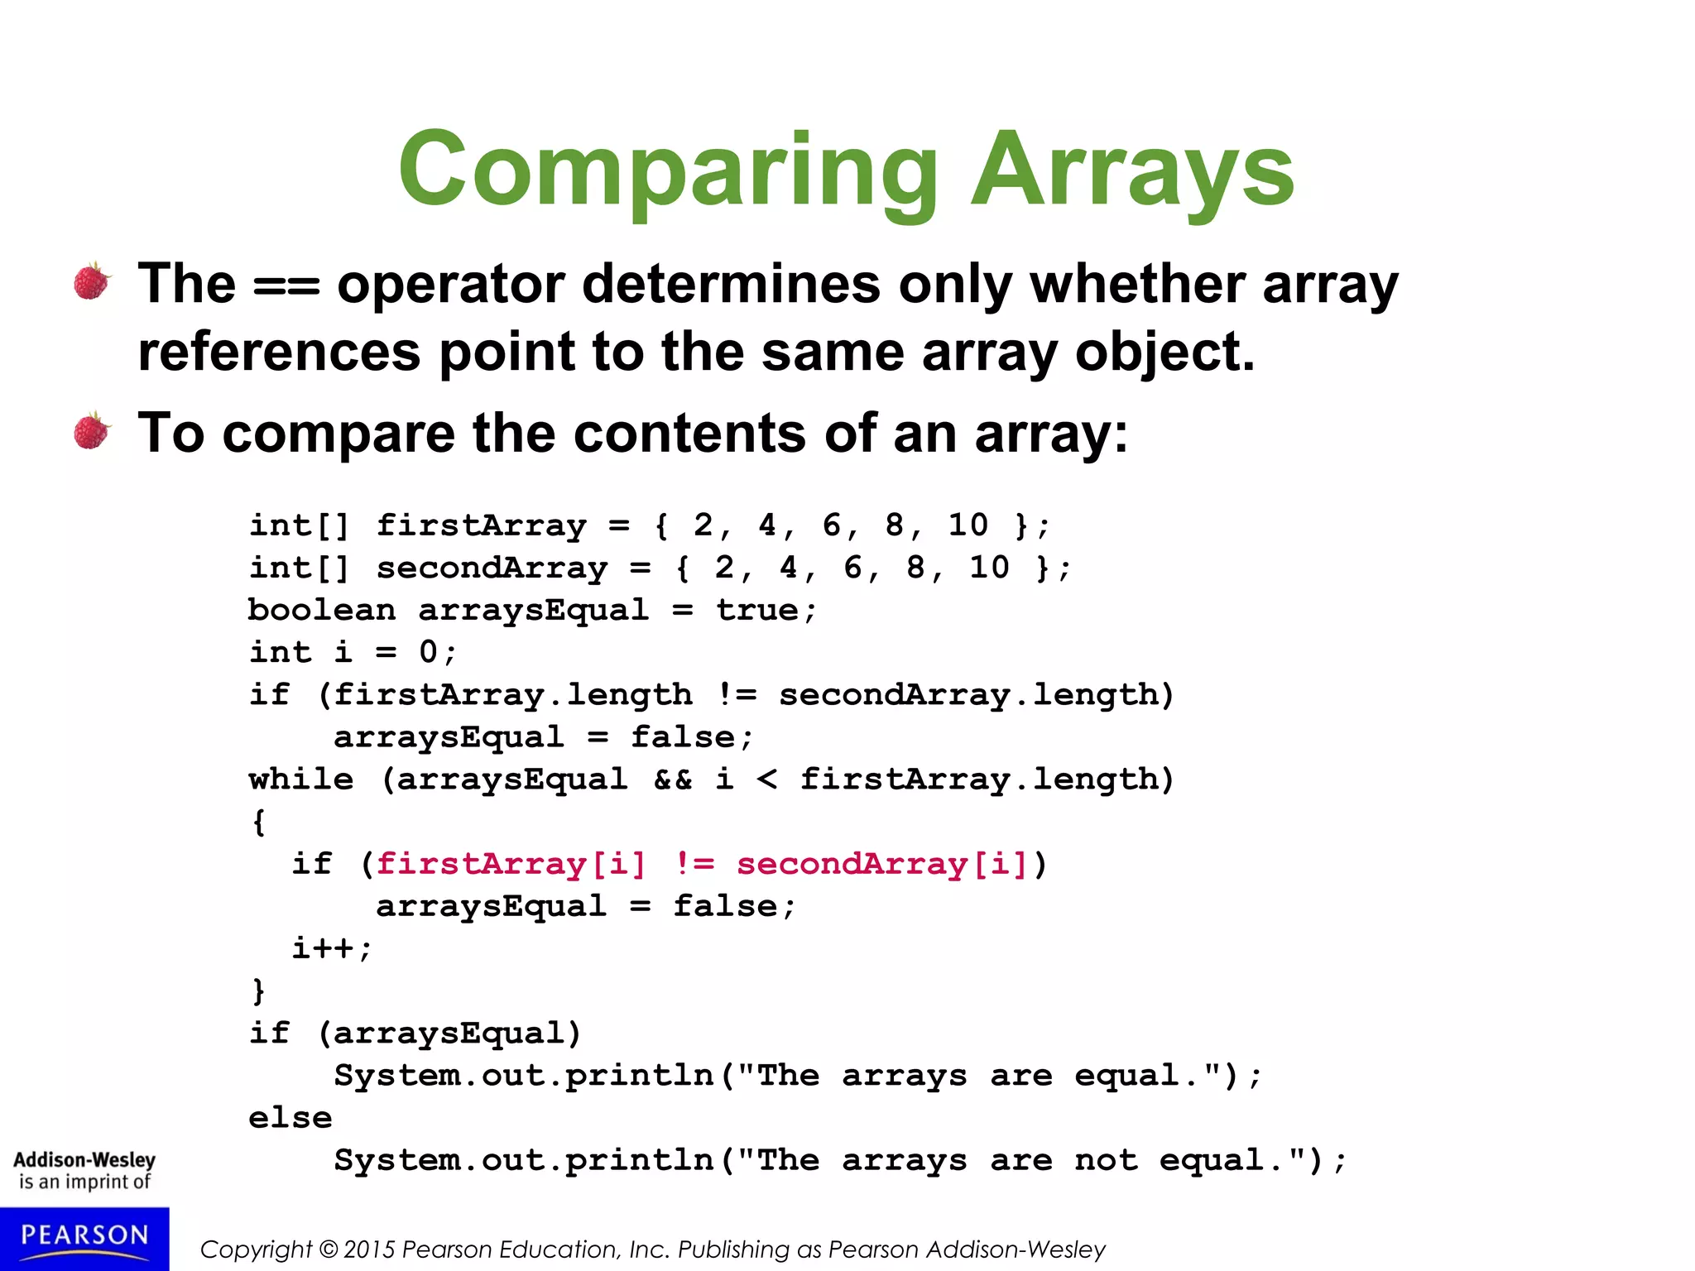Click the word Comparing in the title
point(667,172)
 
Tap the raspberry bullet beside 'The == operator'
point(92,281)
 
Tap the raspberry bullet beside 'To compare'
point(92,431)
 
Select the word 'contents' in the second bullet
point(689,433)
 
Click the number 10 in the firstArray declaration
point(968,525)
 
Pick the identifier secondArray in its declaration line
point(492,568)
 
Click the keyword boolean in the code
point(321,611)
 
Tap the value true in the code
point(757,611)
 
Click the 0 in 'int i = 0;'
point(428,653)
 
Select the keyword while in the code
point(301,779)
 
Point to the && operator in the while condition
point(673,779)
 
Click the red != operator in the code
point(694,864)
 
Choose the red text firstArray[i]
point(511,864)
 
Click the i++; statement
point(332,948)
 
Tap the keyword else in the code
point(291,1118)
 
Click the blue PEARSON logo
point(84,1238)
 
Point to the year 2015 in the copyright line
point(369,1249)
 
